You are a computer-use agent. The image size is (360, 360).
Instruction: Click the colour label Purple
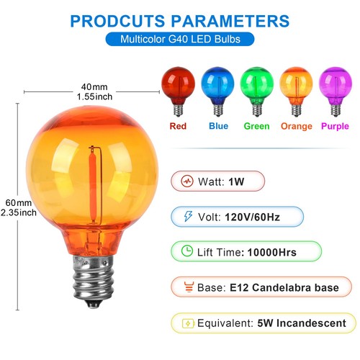pos(334,126)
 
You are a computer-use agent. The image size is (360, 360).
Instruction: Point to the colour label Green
pos(256,126)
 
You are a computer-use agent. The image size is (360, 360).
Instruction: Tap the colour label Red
pos(177,126)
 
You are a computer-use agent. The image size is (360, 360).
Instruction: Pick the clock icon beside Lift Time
pos(186,252)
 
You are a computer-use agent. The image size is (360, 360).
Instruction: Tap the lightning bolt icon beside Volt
pos(186,216)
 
